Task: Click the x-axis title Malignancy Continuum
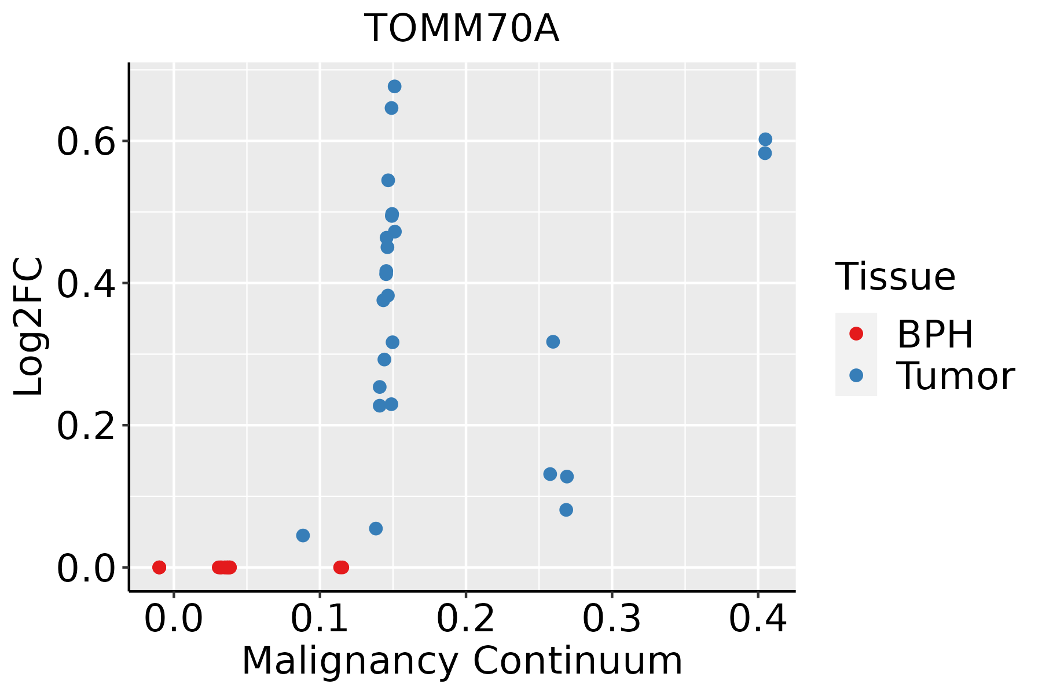462,661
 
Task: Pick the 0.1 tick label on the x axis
320,619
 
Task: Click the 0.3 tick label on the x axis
611,619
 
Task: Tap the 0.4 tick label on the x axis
757,619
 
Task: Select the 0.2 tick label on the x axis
465,619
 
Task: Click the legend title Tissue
896,277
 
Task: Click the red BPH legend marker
856,334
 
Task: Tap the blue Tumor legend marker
856,375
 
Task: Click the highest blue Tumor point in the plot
394,86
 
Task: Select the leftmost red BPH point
159,567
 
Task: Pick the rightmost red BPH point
342,567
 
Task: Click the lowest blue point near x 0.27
566,510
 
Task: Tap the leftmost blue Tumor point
303,535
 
